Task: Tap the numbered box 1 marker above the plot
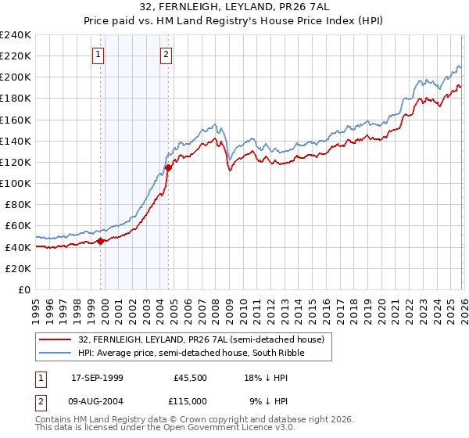click(x=98, y=54)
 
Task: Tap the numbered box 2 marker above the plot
click(x=167, y=54)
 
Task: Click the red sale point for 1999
click(x=101, y=241)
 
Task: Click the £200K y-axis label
click(x=16, y=77)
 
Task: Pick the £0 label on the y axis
click(x=23, y=289)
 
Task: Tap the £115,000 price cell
click(x=191, y=401)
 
